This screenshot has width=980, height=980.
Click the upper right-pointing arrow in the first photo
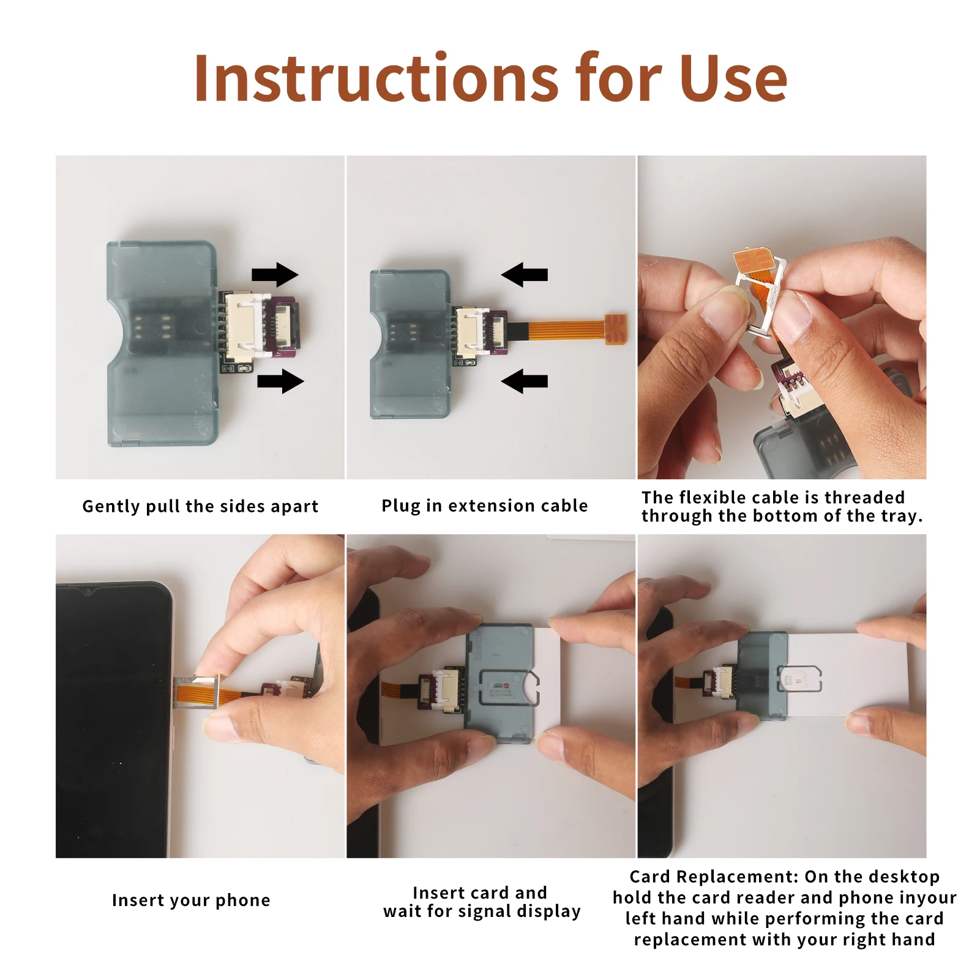[x=275, y=275]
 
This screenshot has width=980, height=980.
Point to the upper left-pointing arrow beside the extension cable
[x=524, y=274]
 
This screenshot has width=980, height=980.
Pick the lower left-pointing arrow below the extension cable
[x=524, y=381]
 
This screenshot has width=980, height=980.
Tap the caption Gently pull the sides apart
[x=200, y=506]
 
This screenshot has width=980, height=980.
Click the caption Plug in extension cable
[x=484, y=506]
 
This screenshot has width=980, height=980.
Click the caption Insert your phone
[x=191, y=900]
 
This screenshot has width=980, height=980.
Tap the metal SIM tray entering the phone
[x=196, y=692]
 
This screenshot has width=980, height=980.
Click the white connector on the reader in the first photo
[x=247, y=326]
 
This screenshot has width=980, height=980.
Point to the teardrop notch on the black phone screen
[x=88, y=591]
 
